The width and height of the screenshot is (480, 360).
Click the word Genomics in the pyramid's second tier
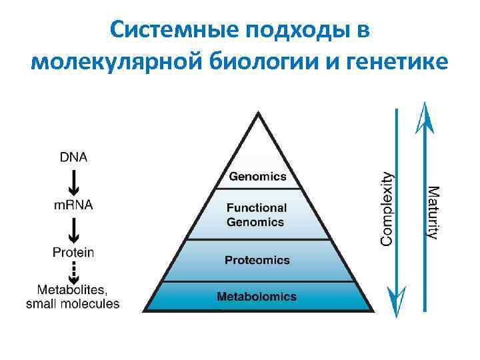[x=257, y=177]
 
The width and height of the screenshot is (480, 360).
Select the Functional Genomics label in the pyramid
[x=257, y=215]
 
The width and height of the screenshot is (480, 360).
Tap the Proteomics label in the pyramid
[x=257, y=260]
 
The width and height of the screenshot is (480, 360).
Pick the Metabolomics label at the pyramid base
[x=257, y=296]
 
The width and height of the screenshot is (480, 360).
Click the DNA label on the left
[x=73, y=157]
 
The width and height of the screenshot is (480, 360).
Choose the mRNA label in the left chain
[x=73, y=205]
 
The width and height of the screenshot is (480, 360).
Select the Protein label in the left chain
[x=73, y=253]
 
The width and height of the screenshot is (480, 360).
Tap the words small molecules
[x=73, y=304]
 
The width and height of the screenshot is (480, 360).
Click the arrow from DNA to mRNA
[x=74, y=181]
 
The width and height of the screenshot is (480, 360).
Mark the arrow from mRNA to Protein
[x=74, y=229]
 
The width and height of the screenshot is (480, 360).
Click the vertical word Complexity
[x=386, y=208]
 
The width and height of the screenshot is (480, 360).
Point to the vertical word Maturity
[x=433, y=213]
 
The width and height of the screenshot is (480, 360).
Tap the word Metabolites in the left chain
[x=71, y=290]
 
